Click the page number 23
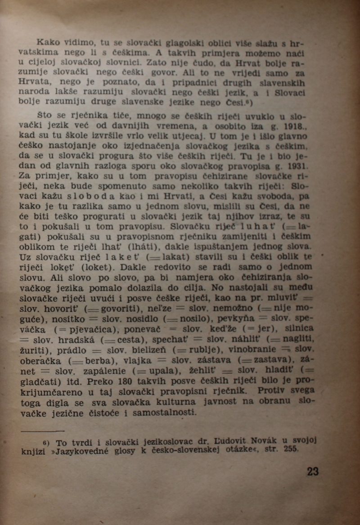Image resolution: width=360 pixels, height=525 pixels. coord(313,471)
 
